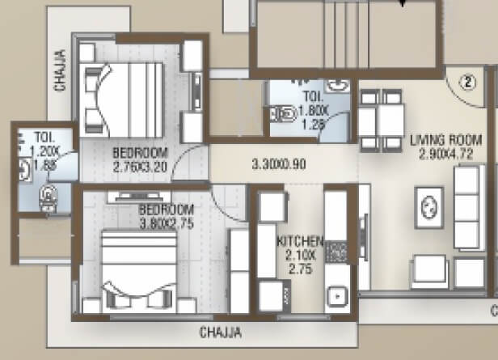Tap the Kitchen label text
[300, 242]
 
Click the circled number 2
[467, 80]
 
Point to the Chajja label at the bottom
[221, 332]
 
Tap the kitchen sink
[336, 297]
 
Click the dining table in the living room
[382, 115]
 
